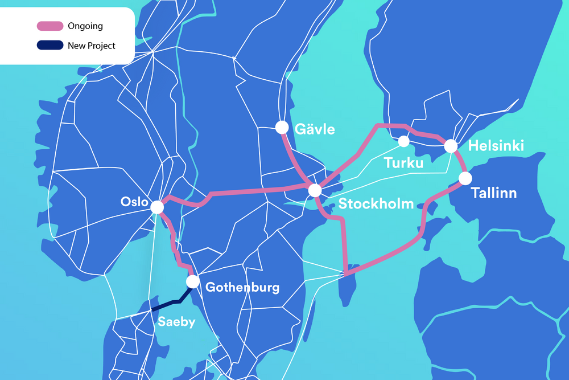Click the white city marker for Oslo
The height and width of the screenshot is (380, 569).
point(157,209)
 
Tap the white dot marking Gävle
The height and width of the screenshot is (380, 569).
point(282,127)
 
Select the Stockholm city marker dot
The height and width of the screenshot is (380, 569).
point(315,191)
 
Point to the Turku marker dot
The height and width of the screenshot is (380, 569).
point(404,141)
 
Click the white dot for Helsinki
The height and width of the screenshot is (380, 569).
point(451,146)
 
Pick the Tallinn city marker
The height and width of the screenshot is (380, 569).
point(465,178)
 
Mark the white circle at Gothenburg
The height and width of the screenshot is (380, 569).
point(193,281)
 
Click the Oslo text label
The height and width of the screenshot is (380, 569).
point(134,202)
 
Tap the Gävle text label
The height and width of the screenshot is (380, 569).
point(315,129)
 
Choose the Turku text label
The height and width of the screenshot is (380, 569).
point(403,164)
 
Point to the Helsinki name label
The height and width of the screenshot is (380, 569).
point(496,146)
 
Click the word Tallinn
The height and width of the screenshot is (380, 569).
point(494,193)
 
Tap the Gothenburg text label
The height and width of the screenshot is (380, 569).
point(242,287)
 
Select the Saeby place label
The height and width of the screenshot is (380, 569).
point(176,322)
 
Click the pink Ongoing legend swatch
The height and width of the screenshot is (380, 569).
point(50,26)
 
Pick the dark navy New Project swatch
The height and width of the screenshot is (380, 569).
point(50,46)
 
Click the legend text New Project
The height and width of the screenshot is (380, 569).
point(92,46)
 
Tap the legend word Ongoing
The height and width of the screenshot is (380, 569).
point(85,26)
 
